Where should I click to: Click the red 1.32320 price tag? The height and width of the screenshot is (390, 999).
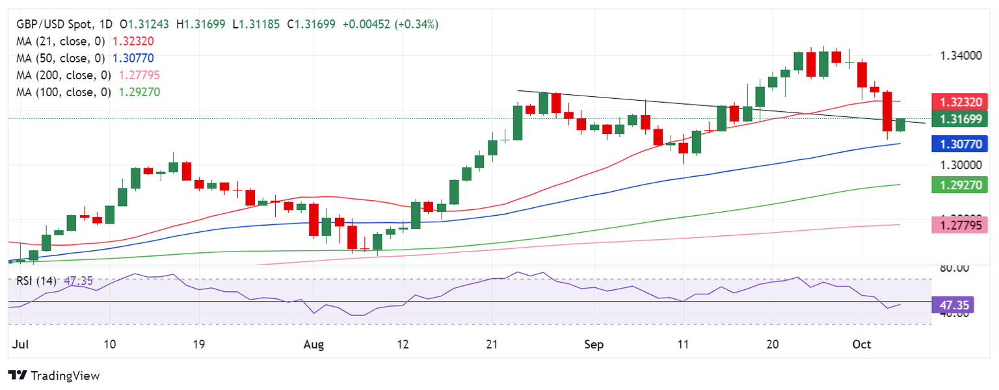coord(960,101)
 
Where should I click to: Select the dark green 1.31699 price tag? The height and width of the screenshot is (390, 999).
coord(960,119)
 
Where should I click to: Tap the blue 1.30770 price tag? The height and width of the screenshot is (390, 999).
coord(960,144)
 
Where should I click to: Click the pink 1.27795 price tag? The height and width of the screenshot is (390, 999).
coord(960,225)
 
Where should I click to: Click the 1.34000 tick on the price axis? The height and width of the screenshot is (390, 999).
coord(961,56)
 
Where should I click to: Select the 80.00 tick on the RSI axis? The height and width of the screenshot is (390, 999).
coord(955,268)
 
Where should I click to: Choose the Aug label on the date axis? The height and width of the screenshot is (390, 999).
coord(314,344)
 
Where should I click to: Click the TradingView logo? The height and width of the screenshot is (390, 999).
coord(54,376)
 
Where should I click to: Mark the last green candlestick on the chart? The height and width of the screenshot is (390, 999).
coord(900,125)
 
